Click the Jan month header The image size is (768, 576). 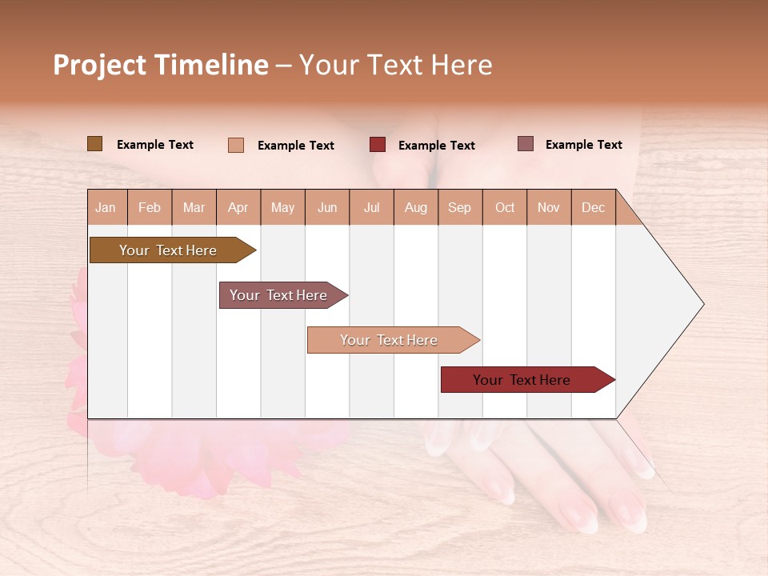[106, 207]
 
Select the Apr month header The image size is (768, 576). [238, 207]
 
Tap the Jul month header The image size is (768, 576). [371, 207]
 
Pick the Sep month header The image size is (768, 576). [459, 207]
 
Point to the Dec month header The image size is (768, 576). [593, 207]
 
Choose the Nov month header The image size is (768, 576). [548, 207]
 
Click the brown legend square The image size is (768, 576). [94, 144]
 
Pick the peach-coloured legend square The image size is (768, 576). [236, 145]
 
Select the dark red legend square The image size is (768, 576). [378, 145]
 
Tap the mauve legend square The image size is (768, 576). [525, 144]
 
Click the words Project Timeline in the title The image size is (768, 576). [160, 65]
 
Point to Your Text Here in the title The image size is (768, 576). [395, 65]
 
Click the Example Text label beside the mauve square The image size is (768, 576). [583, 145]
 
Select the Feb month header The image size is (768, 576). [150, 207]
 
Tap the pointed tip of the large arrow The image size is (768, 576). [702, 304]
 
